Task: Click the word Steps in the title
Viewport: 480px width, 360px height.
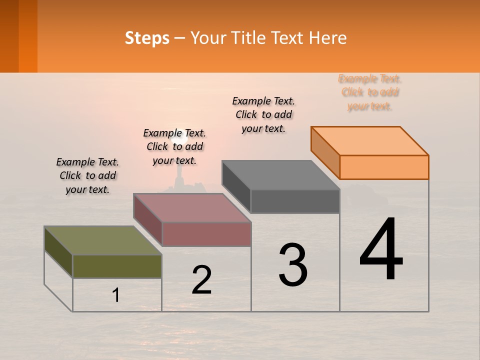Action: click(147, 38)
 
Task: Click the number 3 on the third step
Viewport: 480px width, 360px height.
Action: click(293, 265)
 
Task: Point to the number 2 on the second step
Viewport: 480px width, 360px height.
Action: click(201, 280)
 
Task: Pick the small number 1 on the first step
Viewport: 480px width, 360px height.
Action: click(116, 295)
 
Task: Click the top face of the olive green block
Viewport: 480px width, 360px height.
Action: click(102, 240)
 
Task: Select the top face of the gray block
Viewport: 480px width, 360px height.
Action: click(280, 175)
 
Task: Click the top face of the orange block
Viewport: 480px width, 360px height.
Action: click(370, 140)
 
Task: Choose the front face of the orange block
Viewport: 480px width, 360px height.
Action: click(384, 167)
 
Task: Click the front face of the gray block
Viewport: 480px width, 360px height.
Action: click(295, 201)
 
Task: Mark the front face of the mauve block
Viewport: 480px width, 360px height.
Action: click(206, 234)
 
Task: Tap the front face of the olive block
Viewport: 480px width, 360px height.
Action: click(117, 266)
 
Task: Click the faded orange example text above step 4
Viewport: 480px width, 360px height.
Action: click(370, 92)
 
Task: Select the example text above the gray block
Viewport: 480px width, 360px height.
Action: click(263, 114)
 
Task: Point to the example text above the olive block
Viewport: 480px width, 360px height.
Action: click(87, 175)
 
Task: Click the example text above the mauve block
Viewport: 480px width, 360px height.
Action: click(174, 146)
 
